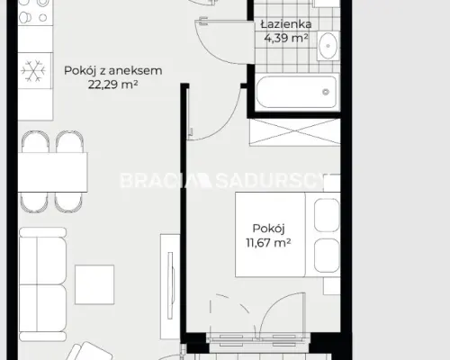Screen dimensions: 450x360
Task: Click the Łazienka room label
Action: tap(286, 24)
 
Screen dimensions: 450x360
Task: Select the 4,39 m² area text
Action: tap(286, 38)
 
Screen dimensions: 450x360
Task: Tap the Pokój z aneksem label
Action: tap(113, 71)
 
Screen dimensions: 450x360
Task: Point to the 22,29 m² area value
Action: tap(112, 85)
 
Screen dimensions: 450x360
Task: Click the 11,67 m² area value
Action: tap(268, 242)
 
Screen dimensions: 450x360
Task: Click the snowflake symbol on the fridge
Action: tap(33, 71)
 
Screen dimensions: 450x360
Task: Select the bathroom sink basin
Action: tap(328, 46)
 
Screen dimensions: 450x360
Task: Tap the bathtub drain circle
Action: tap(326, 92)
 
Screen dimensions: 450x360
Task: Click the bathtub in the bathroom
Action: tap(297, 92)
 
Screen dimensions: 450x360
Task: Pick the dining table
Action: tap(52, 172)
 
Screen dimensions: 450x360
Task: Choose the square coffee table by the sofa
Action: tap(94, 284)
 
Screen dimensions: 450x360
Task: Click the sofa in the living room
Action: tap(42, 284)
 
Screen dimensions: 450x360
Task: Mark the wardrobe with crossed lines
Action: tap(294, 132)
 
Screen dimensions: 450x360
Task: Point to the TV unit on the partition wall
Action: tap(170, 286)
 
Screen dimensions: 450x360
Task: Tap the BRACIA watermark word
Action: tap(154, 181)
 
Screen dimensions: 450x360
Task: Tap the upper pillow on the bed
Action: tap(327, 215)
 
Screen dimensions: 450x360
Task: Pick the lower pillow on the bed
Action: tap(327, 256)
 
